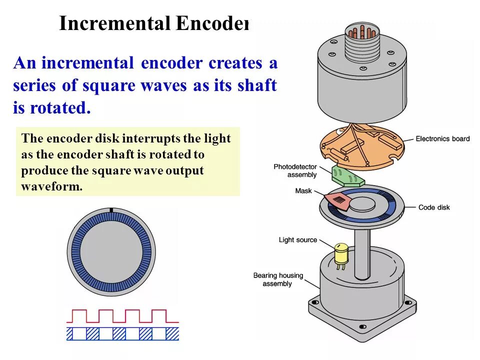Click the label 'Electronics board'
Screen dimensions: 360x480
click(442, 138)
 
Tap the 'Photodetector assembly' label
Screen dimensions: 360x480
click(295, 170)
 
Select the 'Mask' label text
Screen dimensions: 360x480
click(303, 191)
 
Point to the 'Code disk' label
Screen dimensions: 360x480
click(434, 207)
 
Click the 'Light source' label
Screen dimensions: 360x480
click(298, 240)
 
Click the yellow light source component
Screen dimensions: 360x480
click(341, 253)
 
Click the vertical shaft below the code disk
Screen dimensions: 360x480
click(362, 250)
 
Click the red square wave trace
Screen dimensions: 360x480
click(122, 316)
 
